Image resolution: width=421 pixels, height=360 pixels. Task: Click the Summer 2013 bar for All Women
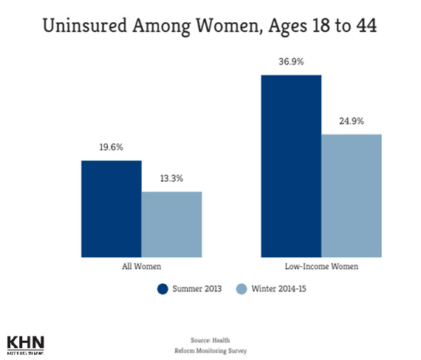click(111, 208)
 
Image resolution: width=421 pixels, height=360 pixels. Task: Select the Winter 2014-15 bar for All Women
click(171, 224)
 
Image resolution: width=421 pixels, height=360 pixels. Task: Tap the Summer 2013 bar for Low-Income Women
click(292, 166)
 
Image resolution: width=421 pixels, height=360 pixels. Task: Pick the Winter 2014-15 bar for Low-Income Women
click(352, 195)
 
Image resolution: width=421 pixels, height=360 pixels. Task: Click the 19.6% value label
click(111, 148)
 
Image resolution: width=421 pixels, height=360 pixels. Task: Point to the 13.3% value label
click(171, 179)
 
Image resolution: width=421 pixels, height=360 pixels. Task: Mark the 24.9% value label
click(352, 121)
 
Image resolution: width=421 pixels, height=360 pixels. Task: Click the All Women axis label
click(141, 266)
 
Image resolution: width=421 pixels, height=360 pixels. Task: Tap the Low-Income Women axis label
click(321, 266)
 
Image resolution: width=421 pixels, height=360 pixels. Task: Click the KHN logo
click(25, 344)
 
